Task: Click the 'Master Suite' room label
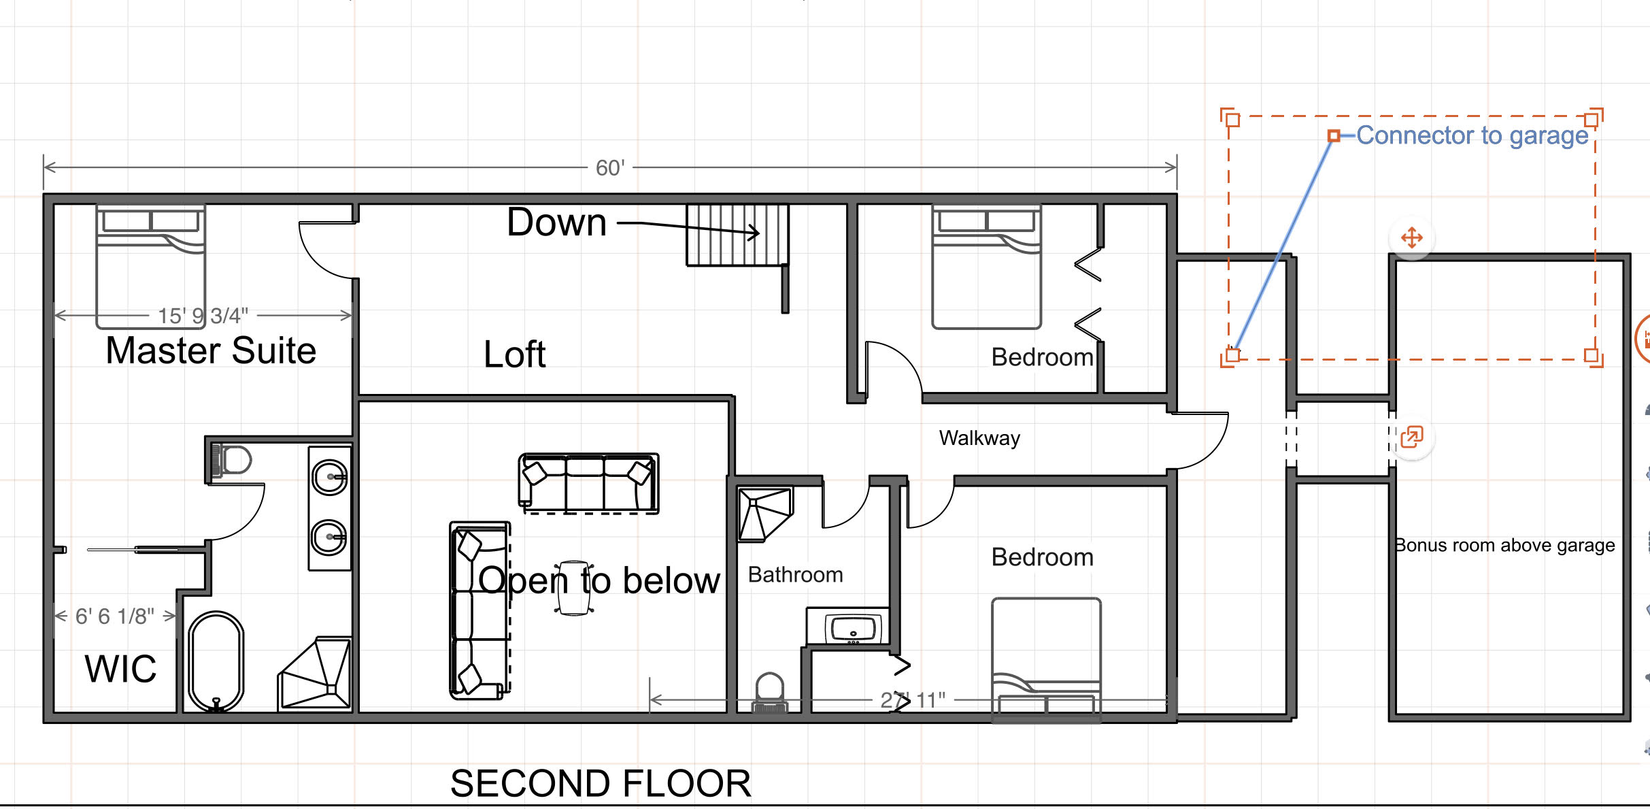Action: point(211,351)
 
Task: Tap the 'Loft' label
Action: point(515,354)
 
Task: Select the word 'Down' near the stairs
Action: point(557,222)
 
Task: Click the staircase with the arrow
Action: point(737,235)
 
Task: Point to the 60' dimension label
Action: point(610,168)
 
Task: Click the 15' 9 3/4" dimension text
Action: point(203,316)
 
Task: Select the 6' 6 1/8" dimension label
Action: point(115,616)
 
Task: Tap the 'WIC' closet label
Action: point(121,669)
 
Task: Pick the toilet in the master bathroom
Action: point(231,460)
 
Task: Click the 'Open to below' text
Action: point(599,581)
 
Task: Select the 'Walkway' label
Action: point(979,438)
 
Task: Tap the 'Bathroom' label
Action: point(795,575)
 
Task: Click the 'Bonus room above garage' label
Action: point(1504,546)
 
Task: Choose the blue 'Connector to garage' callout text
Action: point(1472,136)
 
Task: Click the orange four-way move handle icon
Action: point(1412,238)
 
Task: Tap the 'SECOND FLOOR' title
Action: point(601,784)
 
